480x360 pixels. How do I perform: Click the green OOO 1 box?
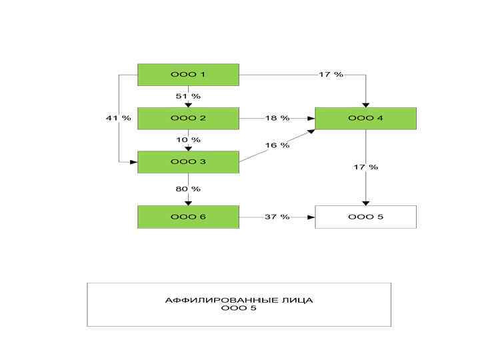pos(188,75)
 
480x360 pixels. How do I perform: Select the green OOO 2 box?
pos(188,118)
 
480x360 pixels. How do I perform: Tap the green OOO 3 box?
pos(188,162)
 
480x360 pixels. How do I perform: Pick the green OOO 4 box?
pos(365,118)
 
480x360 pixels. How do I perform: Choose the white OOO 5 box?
pos(365,217)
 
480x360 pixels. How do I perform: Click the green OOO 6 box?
pos(188,217)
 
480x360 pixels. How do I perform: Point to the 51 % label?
pos(188,96)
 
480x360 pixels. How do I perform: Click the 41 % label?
pos(118,118)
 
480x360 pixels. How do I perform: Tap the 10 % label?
pos(188,140)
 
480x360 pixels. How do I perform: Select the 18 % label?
pos(277,118)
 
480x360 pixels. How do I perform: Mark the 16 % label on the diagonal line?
pos(277,145)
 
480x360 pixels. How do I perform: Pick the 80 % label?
pos(188,189)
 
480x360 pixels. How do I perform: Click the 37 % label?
pos(277,217)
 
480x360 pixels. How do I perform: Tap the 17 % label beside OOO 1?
pos(331,75)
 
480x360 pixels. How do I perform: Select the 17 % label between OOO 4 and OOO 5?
pos(365,167)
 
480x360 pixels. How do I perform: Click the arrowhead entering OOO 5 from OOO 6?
pos(311,217)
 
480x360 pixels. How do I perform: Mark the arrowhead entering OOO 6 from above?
pos(188,202)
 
